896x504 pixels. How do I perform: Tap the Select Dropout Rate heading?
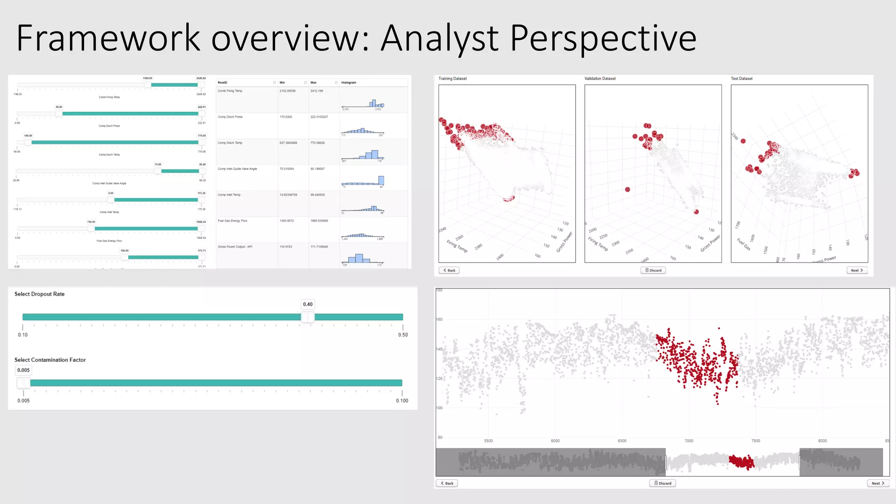click(39, 294)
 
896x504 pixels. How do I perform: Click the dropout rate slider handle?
click(308, 317)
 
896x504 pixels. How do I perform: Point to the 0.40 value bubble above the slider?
click(308, 304)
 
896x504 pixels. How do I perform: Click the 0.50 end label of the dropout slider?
click(402, 335)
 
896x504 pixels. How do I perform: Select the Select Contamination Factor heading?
click(50, 360)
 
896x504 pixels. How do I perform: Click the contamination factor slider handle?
click(24, 383)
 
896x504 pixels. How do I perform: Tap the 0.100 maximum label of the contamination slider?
click(402, 400)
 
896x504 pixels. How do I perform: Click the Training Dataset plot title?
click(452, 79)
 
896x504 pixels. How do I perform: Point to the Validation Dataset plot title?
click(600, 79)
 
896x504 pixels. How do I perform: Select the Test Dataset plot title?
click(742, 79)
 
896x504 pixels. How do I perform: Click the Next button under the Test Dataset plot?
click(857, 270)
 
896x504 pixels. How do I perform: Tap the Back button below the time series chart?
click(447, 483)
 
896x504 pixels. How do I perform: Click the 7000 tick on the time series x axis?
click(689, 441)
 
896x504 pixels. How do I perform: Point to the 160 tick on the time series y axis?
click(439, 319)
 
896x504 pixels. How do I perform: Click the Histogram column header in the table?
click(349, 82)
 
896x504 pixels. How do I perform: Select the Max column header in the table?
click(313, 82)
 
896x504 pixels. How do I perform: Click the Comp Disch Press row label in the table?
click(230, 117)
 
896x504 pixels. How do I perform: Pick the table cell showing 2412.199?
click(317, 91)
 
